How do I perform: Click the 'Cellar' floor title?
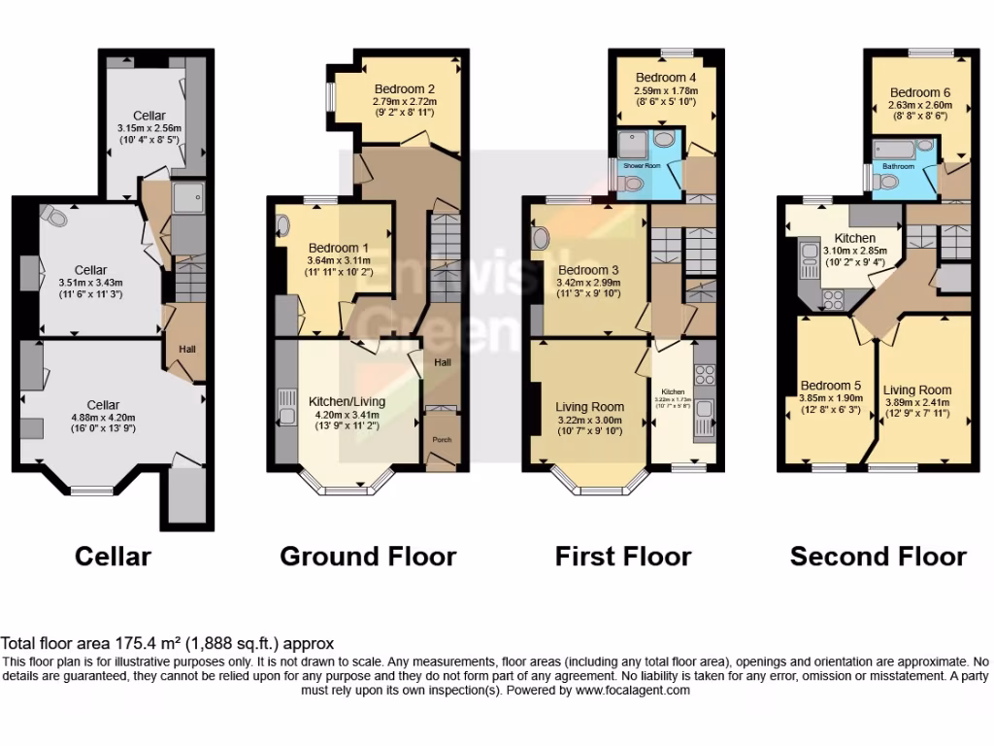114,556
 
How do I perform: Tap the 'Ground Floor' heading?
368,556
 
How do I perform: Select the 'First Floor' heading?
623,556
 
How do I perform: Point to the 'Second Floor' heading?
878,556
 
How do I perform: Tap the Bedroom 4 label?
666,78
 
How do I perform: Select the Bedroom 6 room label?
920,93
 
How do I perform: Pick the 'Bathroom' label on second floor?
898,166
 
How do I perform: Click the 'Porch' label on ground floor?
442,439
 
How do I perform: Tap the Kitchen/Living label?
347,401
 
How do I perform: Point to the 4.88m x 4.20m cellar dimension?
103,418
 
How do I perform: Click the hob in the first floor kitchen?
705,374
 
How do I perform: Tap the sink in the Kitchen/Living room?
286,406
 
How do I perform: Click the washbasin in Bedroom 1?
283,226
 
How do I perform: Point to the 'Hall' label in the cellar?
186,349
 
